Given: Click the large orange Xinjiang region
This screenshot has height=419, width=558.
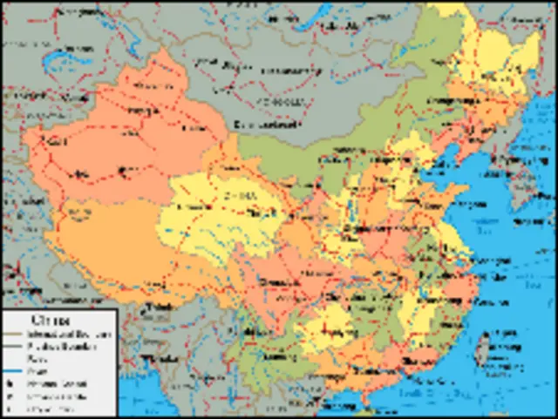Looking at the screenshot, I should (x=131, y=139).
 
